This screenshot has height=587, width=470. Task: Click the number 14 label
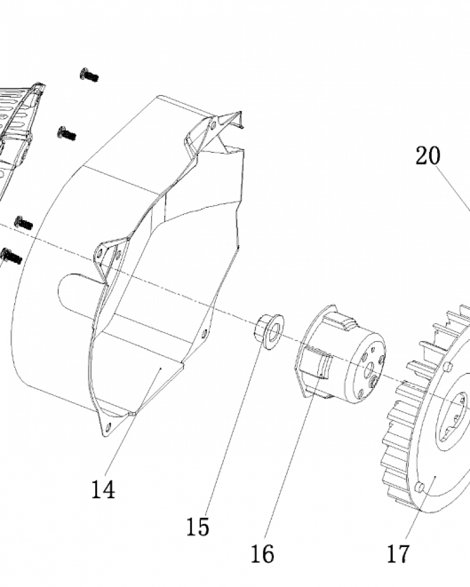coord(103,490)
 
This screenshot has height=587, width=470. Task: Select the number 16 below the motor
coord(263,554)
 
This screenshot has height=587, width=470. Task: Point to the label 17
coord(398,554)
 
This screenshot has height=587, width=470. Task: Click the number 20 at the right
coord(428,156)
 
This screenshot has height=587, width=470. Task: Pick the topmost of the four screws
coord(89,75)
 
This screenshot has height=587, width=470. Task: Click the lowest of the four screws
coord(12,256)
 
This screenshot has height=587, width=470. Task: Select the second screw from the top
coord(67,133)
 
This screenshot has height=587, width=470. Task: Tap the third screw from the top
coord(23,223)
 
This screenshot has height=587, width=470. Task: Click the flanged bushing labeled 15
coord(269,332)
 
